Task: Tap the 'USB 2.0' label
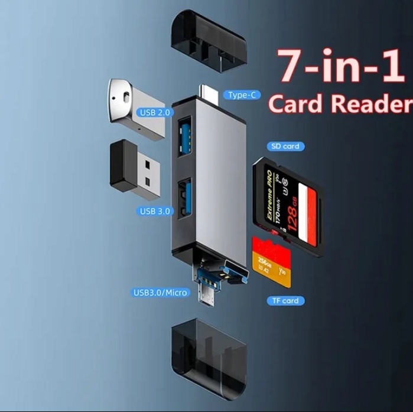pyautogui.click(x=155, y=112)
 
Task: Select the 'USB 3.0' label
pyautogui.click(x=155, y=211)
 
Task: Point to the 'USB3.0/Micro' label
pyautogui.click(x=161, y=292)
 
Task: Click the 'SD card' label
pyautogui.click(x=285, y=146)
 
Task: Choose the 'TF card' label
pyautogui.click(x=285, y=300)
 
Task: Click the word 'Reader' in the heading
pyautogui.click(x=371, y=103)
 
